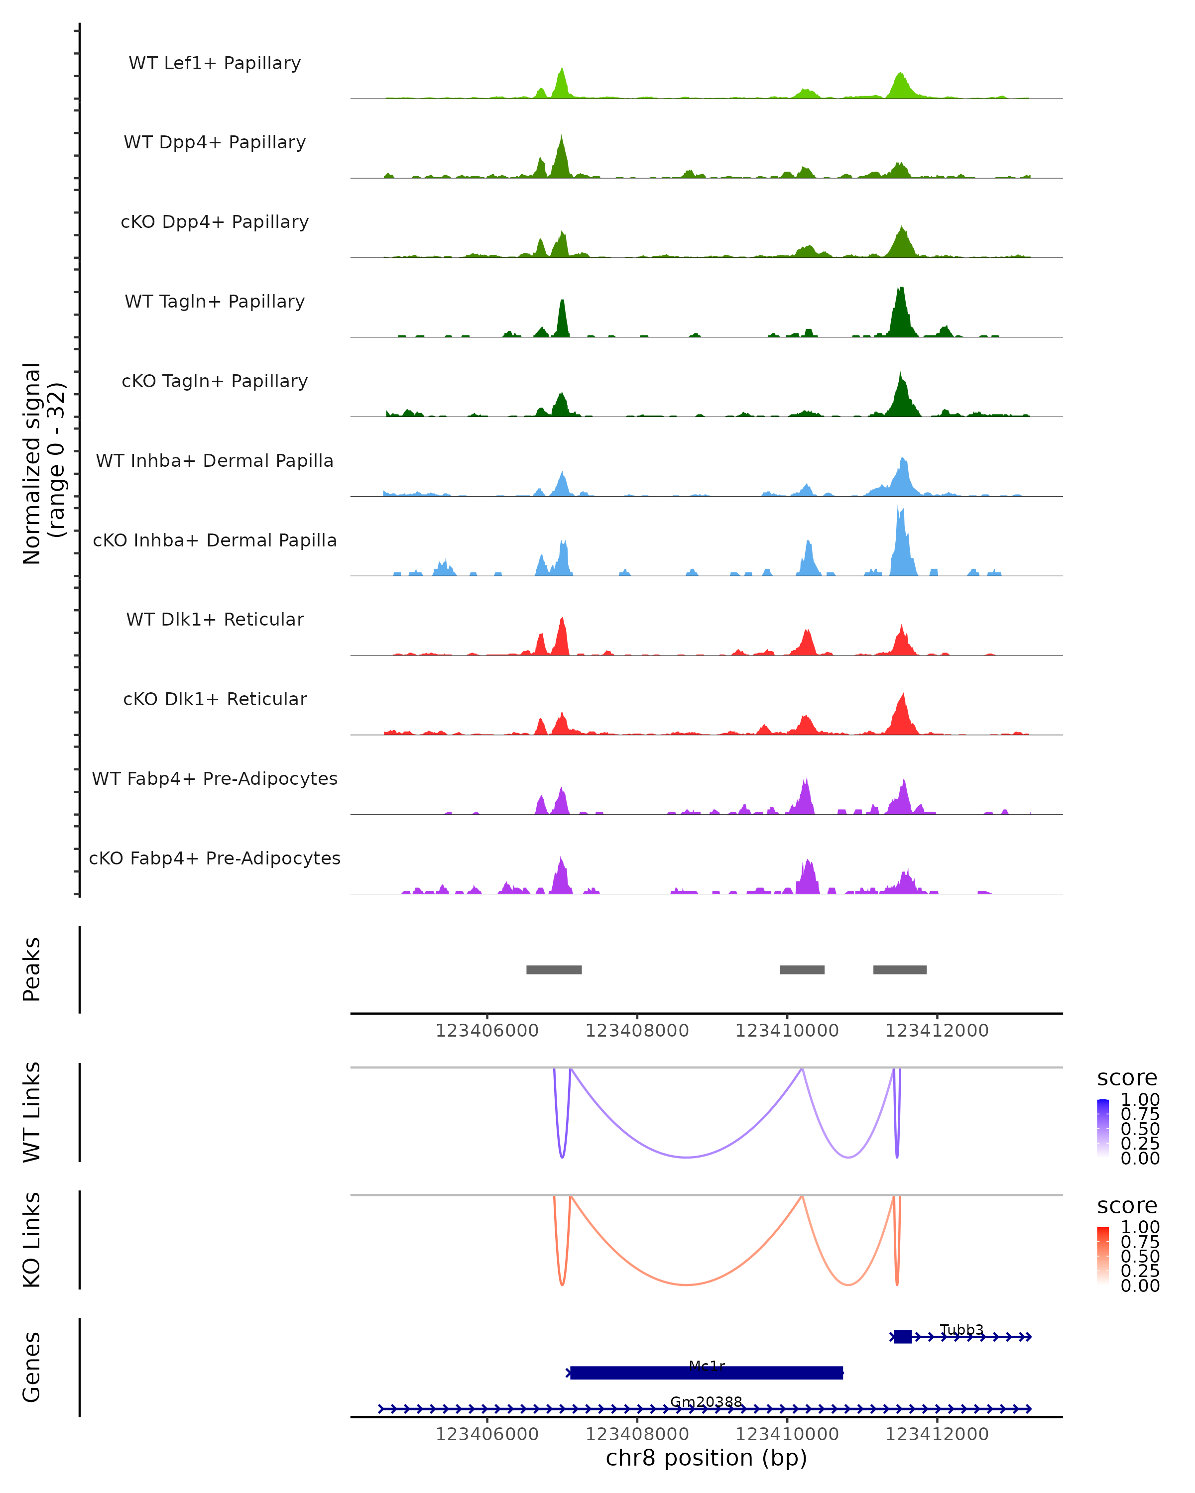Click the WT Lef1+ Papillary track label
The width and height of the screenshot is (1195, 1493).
pyautogui.click(x=215, y=63)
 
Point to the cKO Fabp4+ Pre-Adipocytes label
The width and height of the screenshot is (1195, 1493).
pyautogui.click(x=215, y=858)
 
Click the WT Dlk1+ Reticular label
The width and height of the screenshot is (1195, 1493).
pyautogui.click(x=215, y=619)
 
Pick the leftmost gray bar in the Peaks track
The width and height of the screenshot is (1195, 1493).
pyautogui.click(x=554, y=969)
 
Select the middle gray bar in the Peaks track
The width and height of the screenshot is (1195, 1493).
pyautogui.click(x=802, y=969)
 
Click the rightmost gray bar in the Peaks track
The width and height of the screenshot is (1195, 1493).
pyautogui.click(x=899, y=969)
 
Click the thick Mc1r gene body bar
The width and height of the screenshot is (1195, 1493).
pyautogui.click(x=706, y=1373)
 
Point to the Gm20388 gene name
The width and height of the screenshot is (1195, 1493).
pyautogui.click(x=706, y=1401)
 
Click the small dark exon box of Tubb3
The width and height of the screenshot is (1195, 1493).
pyautogui.click(x=902, y=1337)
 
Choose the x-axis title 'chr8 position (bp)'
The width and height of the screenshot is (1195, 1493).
pyautogui.click(x=706, y=1458)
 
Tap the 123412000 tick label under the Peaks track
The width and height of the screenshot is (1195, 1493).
pyautogui.click(x=937, y=1031)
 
